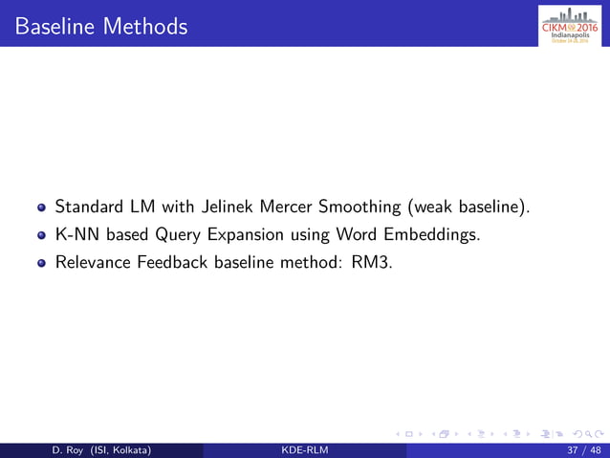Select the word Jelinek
[223, 207]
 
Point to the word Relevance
[93, 259]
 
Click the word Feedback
[174, 259]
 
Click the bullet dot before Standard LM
[41, 207]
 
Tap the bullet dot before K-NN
[41, 233]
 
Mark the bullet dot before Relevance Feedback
[41, 260]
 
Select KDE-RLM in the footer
[304, 448]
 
